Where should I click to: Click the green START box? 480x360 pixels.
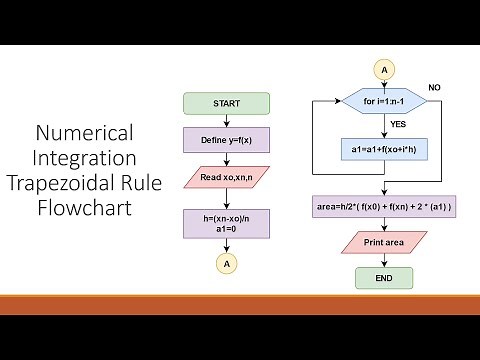(x=227, y=103)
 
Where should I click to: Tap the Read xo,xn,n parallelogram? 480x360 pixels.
(x=227, y=177)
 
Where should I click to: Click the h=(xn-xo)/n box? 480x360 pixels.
(x=227, y=222)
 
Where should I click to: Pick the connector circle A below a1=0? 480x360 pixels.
(x=227, y=264)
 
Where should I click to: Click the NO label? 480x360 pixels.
(x=433, y=88)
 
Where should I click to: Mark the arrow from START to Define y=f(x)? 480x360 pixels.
(x=227, y=120)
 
